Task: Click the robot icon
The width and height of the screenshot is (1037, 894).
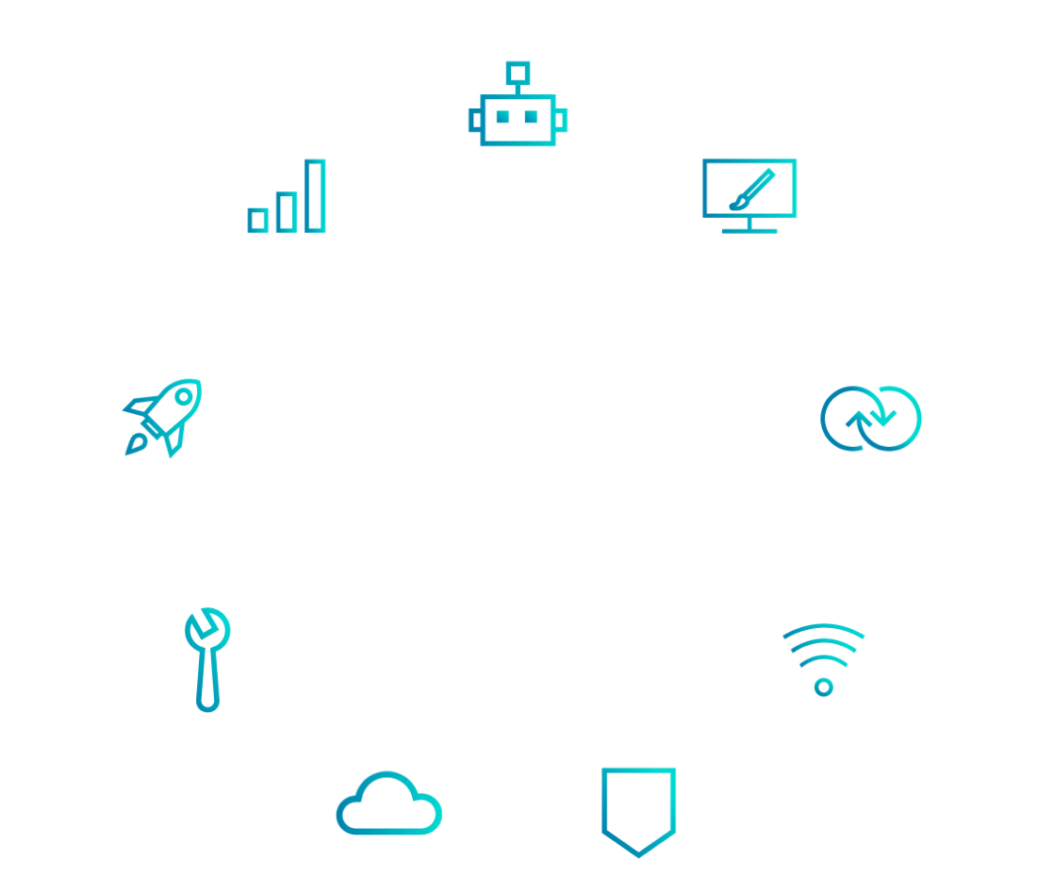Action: click(518, 118)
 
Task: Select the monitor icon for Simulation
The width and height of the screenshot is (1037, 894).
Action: click(749, 194)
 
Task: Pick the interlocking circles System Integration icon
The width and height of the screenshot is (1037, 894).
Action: click(870, 418)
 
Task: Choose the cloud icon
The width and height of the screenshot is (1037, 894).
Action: click(388, 803)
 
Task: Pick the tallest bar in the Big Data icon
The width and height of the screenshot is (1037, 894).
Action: click(315, 195)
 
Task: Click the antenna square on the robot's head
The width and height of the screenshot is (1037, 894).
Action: click(517, 71)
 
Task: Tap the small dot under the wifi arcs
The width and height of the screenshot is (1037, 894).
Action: click(823, 687)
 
